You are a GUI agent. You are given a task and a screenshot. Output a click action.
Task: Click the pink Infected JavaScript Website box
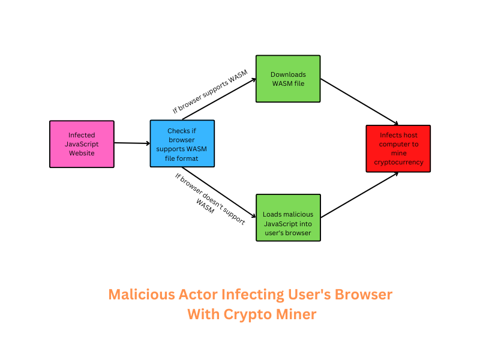(82, 144)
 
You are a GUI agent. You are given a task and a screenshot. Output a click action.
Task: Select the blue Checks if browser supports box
(182, 143)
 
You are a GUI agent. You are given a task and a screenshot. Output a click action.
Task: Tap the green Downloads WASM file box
(288, 79)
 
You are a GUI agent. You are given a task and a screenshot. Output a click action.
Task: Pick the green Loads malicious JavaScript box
(288, 217)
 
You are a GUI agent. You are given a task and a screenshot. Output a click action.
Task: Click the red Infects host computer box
(398, 148)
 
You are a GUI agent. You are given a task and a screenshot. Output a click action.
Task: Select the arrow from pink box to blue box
(131, 143)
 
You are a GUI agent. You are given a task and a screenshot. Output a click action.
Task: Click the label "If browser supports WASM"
(209, 92)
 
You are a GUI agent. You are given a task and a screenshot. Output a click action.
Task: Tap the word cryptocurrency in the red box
(398, 162)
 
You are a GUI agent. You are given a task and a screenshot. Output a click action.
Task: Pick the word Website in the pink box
(82, 153)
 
